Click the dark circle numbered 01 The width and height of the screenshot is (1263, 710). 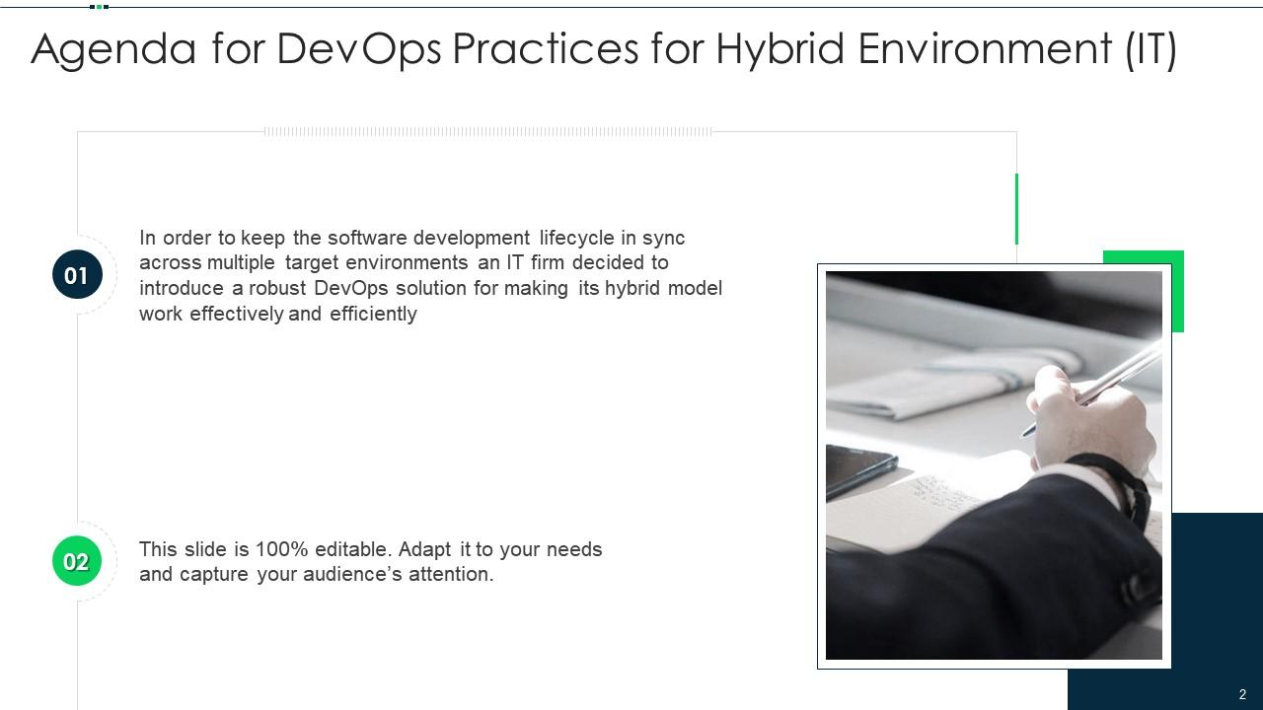77,275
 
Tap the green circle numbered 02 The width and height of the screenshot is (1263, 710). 77,561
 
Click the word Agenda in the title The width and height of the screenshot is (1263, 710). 113,49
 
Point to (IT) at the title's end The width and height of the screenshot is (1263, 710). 1151,49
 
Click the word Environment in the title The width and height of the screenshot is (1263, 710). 984,49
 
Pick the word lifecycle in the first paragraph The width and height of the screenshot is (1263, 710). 576,238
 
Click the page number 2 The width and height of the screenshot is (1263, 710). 1242,694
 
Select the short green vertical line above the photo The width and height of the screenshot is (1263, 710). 1016,208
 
